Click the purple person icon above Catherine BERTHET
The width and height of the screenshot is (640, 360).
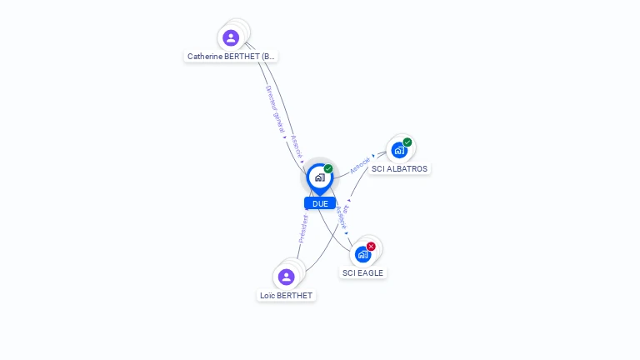point(231,37)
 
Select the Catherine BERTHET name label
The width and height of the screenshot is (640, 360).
point(231,57)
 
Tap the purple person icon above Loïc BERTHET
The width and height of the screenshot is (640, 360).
point(287,277)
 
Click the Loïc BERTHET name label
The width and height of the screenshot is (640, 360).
point(286,296)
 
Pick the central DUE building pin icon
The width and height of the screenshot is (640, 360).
point(319,177)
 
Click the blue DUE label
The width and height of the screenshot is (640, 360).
point(320,203)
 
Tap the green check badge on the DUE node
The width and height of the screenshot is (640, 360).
point(328,169)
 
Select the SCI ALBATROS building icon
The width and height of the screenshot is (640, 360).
point(399,150)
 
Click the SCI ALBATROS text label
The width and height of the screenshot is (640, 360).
point(399,169)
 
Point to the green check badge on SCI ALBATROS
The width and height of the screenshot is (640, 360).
point(407,142)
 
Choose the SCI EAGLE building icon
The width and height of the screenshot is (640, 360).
point(362,254)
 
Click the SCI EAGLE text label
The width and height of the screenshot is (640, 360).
point(362,272)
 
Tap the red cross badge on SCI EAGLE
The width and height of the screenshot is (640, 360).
point(371,246)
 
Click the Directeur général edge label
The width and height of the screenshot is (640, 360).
point(275,109)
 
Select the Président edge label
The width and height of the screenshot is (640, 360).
point(304,228)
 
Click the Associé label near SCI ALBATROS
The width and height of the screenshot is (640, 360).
point(360,163)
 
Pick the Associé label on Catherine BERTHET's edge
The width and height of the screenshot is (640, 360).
point(297,147)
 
